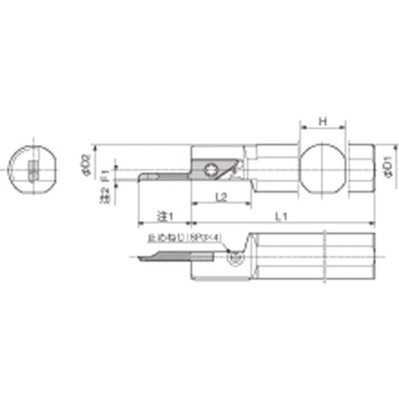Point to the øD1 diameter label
click(387, 169)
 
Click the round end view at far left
click(32, 169)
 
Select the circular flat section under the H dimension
click(322, 168)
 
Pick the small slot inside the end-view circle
click(33, 170)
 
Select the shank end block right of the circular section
click(361, 168)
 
